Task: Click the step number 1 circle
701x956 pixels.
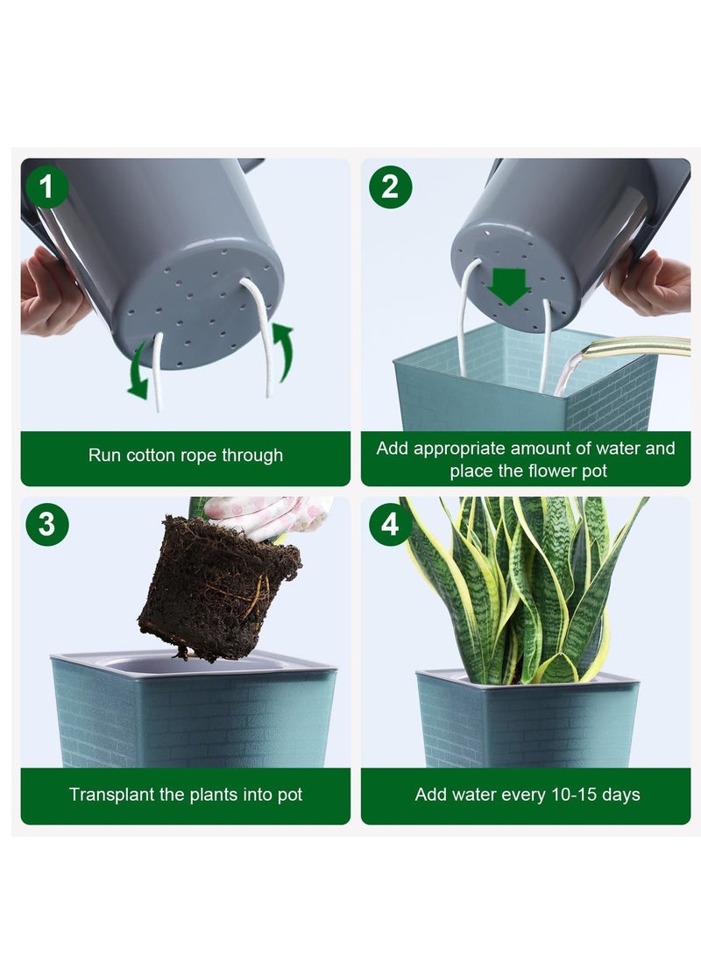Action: (46, 187)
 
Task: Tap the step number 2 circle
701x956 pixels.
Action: (390, 187)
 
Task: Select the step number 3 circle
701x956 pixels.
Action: (46, 524)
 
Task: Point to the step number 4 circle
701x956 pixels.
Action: (390, 524)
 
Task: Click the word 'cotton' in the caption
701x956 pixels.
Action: (156, 455)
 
